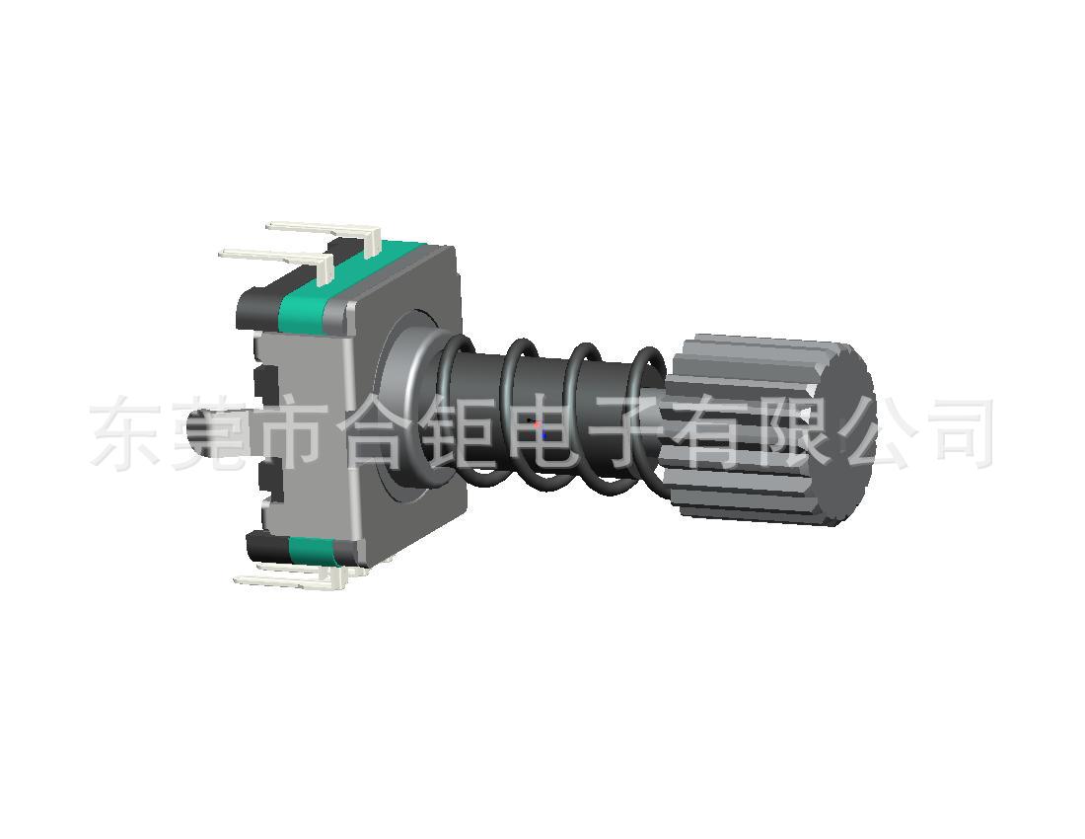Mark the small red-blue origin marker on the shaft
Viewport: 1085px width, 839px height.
point(539,429)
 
